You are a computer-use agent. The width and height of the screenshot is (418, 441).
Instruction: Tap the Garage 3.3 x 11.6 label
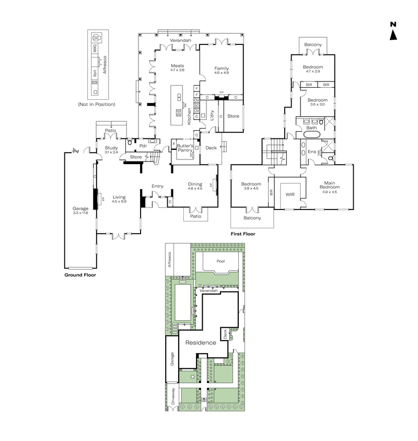pyautogui.click(x=80, y=211)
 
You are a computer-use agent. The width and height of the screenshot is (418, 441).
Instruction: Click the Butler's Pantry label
pyautogui.click(x=184, y=148)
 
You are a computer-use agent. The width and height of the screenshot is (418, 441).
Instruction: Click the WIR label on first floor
pyautogui.click(x=291, y=195)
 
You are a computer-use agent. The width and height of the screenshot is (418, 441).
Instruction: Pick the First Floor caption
pyautogui.click(x=243, y=234)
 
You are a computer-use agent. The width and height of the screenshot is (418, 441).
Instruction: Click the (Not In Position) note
pyautogui.click(x=97, y=105)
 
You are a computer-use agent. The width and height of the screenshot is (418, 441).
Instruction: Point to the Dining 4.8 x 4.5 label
pyautogui.click(x=195, y=186)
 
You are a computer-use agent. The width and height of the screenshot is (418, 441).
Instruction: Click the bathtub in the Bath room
pyautogui.click(x=312, y=134)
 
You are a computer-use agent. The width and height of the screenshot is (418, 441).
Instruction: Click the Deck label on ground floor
pyautogui.click(x=211, y=148)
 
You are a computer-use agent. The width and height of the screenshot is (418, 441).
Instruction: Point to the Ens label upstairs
pyautogui.click(x=312, y=152)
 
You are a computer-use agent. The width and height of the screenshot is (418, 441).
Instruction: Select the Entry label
pyautogui.click(x=157, y=186)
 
